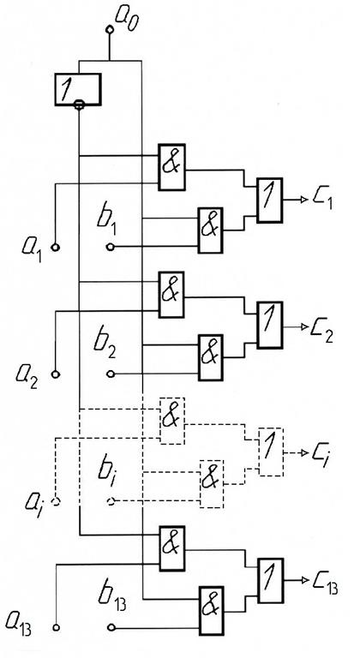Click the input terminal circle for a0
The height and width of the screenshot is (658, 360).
tap(110, 29)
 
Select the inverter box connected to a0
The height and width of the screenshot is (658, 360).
tap(78, 89)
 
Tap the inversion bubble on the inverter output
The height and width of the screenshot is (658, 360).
tap(79, 105)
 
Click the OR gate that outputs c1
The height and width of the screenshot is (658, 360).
tap(270, 200)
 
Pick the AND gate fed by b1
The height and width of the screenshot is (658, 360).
tap(211, 230)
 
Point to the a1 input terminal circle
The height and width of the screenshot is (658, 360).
tap(56, 247)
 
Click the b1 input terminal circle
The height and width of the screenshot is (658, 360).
tap(110, 247)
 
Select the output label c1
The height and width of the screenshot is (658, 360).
tap(322, 200)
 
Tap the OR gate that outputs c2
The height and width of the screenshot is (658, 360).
tap(270, 325)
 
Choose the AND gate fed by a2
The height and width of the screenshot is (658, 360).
tap(171, 295)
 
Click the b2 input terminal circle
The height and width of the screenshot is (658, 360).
tap(110, 373)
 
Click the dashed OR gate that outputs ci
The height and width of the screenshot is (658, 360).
tap(271, 452)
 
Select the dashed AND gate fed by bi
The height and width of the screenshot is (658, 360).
tap(212, 484)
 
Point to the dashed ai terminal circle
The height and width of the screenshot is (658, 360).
tap(56, 501)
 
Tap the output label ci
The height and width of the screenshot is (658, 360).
tap(320, 453)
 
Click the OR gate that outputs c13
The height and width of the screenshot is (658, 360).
tap(271, 580)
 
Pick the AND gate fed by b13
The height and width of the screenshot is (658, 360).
tap(212, 610)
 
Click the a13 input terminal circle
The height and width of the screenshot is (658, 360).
tap(56, 627)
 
